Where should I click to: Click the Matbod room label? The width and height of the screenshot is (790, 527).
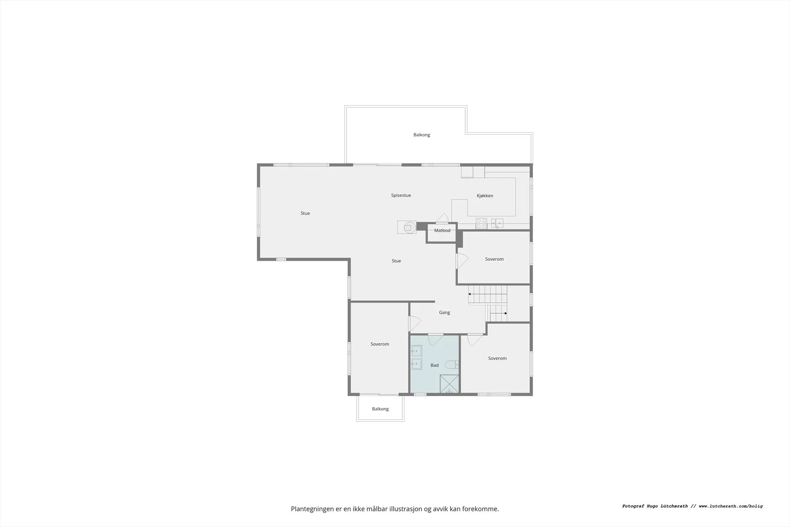(442, 230)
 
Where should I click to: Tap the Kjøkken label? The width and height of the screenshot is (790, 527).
(485, 196)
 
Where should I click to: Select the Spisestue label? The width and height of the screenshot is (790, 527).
(401, 196)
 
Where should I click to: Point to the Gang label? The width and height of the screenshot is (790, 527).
(444, 313)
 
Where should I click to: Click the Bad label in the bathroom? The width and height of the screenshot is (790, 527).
(434, 365)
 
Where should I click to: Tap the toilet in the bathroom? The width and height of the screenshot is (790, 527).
(452, 365)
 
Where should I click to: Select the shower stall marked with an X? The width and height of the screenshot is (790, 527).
(449, 384)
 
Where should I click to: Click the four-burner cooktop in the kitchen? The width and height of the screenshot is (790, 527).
(481, 223)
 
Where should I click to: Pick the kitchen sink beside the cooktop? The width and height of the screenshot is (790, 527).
(497, 223)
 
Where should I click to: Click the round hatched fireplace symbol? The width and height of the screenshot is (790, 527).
(410, 227)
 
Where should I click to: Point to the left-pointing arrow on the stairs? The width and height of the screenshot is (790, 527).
(487, 294)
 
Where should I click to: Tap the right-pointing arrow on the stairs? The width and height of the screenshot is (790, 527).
(499, 313)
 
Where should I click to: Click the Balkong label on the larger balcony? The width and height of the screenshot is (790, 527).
(422, 135)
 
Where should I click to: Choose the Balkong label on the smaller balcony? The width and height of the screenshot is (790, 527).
(380, 409)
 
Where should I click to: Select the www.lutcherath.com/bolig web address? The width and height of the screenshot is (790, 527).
(731, 506)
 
